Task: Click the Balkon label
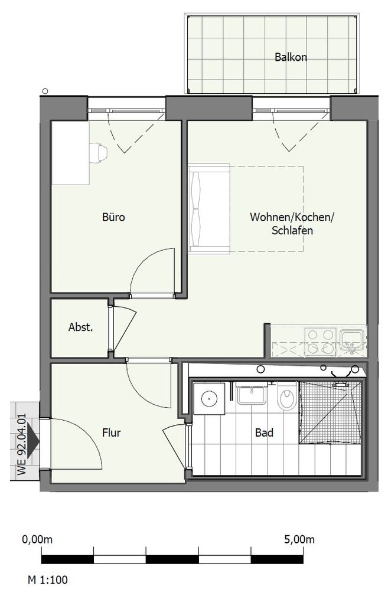(291, 57)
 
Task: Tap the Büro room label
(113, 217)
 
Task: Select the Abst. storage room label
(81, 327)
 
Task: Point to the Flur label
(112, 432)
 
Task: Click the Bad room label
(264, 432)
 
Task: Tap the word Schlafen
(292, 230)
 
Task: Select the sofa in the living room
(210, 208)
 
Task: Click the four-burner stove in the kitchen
(321, 342)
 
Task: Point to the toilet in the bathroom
(288, 397)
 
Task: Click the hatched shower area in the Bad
(330, 412)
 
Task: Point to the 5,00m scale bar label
(299, 539)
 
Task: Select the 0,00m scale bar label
(37, 539)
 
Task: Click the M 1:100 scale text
(48, 579)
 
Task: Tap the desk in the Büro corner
(70, 153)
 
